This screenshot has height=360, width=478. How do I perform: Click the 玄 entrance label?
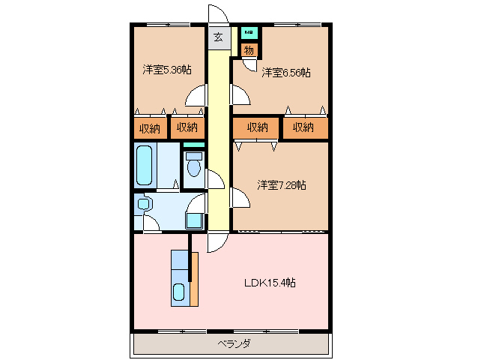(x=218, y=37)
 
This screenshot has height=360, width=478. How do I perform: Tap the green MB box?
(x=248, y=33)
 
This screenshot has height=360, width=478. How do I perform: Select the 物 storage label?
(x=249, y=50)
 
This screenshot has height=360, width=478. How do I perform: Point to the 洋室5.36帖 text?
(x=166, y=70)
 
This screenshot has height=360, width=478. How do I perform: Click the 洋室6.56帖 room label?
(x=285, y=73)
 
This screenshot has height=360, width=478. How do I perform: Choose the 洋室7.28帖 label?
(x=282, y=184)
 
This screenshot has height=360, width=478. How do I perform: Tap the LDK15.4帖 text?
(x=269, y=283)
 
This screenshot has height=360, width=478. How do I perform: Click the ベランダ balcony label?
(x=234, y=343)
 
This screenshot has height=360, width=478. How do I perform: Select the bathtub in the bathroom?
(x=145, y=166)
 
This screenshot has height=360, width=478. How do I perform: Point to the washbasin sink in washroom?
(x=144, y=203)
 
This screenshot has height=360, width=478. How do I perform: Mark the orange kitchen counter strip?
(x=193, y=279)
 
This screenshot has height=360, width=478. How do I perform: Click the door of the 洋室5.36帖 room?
(x=196, y=95)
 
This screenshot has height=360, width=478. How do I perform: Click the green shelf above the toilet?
(x=194, y=144)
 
